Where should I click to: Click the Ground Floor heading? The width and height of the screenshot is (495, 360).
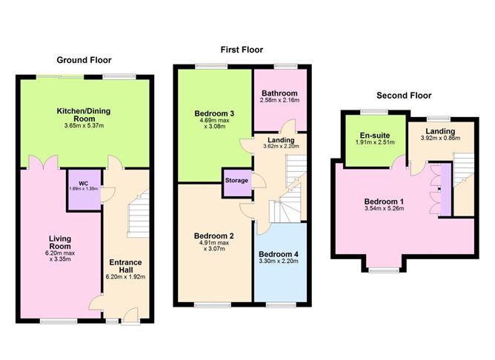[84, 60]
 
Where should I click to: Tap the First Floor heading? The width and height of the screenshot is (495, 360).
[242, 50]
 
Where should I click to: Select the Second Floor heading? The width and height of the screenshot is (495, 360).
[404, 96]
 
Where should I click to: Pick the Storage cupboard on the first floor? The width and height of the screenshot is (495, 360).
[237, 183]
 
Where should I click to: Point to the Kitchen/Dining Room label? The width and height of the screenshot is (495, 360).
[84, 115]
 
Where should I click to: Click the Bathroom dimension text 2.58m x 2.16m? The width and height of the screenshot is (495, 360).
[279, 100]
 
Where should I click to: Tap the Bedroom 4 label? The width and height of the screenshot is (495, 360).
[279, 254]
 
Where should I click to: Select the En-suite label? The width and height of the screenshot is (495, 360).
[375, 136]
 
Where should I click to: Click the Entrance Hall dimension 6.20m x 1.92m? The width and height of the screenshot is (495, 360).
[125, 277]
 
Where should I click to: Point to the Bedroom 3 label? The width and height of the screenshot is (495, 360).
[214, 113]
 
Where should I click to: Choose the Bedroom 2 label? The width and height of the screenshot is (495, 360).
[214, 236]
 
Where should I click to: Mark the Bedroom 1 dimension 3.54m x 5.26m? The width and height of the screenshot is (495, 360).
[384, 209]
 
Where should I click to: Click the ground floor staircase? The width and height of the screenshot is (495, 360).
[138, 214]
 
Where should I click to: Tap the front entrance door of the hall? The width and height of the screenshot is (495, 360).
[130, 316]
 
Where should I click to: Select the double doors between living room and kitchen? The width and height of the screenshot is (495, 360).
[43, 162]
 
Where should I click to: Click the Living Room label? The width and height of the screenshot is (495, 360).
[60, 242]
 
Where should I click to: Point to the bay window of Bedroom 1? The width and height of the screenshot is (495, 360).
[384, 270]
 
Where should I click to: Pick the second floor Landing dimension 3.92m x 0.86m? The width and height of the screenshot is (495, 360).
[440, 139]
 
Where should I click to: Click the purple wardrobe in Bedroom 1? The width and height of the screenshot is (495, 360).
[446, 190]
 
